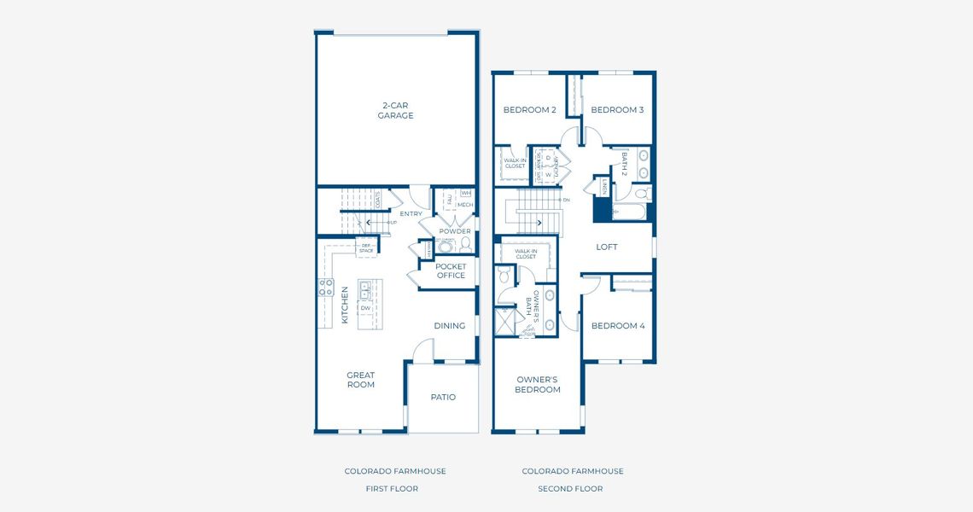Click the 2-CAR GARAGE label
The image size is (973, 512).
coord(395,111)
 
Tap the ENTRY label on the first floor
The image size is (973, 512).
coord(411,213)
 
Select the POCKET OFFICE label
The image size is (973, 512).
coord(451,271)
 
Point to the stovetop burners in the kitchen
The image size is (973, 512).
coord(325,288)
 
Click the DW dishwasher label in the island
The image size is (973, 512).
coord(365,308)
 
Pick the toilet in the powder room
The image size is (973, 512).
coord(465,244)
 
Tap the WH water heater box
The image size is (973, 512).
coord(466,194)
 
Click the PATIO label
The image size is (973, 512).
coord(443,397)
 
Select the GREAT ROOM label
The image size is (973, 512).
coord(360,380)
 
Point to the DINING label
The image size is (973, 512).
coord(449,325)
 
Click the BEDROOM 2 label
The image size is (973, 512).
coord(529,109)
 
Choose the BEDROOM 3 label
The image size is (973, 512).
coord(617,109)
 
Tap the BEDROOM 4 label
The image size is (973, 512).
coord(617,325)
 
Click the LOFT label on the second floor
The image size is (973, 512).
coord(606,247)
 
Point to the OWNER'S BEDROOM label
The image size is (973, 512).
coord(538,384)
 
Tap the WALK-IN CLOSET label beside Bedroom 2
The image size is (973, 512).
coord(515,163)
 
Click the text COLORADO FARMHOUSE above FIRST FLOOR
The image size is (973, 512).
coord(395,471)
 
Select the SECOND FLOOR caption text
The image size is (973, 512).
coord(570,489)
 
